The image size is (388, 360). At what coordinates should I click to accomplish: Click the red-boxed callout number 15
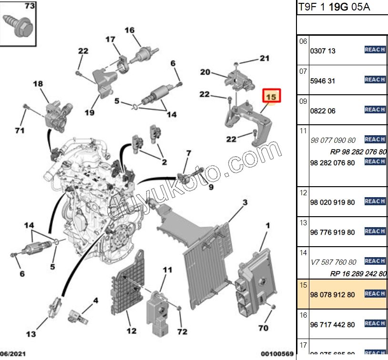point(271,97)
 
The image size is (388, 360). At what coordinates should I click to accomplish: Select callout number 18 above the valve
point(38,84)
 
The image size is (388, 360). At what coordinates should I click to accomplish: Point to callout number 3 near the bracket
point(245,203)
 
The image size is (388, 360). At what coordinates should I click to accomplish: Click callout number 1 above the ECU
point(267,224)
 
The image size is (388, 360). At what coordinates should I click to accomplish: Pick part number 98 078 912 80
point(332,294)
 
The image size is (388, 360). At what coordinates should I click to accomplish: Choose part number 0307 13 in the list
point(323,51)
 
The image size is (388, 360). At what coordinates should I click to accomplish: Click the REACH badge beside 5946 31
point(375,80)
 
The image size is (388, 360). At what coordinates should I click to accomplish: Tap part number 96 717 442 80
point(332,325)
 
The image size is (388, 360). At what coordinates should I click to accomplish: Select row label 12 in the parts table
point(303,193)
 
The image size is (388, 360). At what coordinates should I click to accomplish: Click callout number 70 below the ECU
point(263,328)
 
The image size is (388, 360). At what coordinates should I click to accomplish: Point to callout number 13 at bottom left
point(31,334)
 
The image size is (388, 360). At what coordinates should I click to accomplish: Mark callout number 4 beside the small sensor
point(95,300)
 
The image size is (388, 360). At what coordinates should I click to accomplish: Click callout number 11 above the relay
point(167,270)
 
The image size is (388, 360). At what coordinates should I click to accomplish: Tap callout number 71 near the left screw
point(20,130)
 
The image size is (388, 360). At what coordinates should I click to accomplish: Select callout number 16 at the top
point(130,30)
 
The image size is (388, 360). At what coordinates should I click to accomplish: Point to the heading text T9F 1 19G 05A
point(334,7)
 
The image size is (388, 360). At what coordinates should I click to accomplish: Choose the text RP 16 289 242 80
point(357,273)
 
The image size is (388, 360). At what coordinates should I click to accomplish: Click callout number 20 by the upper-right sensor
point(205,72)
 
